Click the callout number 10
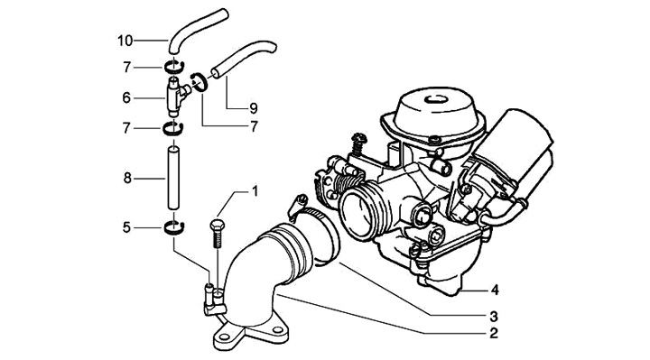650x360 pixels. [125, 41]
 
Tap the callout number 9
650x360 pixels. [254, 108]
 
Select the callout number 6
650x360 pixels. [126, 97]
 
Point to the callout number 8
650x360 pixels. [127, 178]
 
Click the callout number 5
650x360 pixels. [126, 227]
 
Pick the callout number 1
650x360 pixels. [255, 191]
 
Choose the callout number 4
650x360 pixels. [495, 291]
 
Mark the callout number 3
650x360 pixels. [493, 317]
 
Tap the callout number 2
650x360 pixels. [493, 333]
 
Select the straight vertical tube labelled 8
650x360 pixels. [173, 178]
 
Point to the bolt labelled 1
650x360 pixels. [217, 234]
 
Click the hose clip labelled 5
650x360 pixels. [174, 228]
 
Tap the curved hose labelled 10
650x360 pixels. [196, 30]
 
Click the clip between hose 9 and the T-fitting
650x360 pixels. [200, 81]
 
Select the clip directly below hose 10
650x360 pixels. [173, 67]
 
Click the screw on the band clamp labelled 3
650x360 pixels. [299, 205]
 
